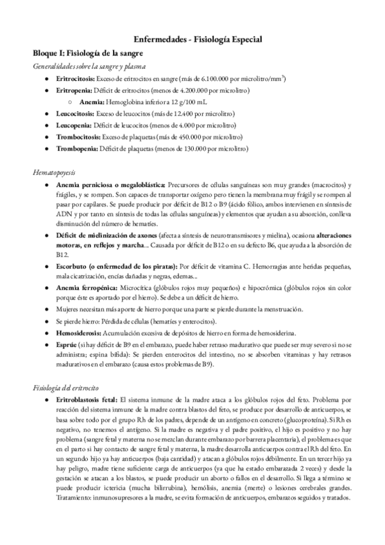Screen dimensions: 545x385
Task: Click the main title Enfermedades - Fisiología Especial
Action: click(x=193, y=39)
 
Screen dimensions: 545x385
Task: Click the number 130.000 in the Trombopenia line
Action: click(x=194, y=148)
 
